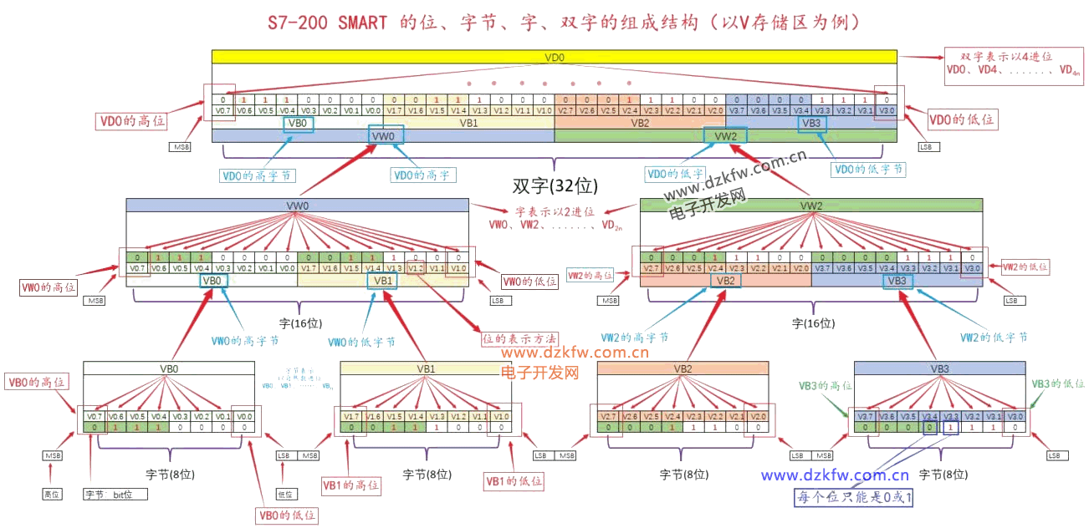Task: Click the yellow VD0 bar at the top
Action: click(554, 58)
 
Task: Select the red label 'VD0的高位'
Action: click(132, 121)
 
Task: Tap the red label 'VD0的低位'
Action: click(963, 119)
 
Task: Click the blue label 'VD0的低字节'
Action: click(868, 169)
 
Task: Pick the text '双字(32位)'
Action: click(555, 185)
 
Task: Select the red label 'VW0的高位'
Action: click(49, 287)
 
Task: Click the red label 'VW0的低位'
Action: click(529, 282)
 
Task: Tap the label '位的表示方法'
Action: click(518, 339)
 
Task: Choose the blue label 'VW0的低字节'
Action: click(361, 342)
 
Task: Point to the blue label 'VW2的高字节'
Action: click(634, 338)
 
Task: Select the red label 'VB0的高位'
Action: click(36, 383)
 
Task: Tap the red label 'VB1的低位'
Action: click(514, 481)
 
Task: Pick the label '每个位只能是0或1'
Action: click(854, 498)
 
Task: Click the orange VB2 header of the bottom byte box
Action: click(683, 368)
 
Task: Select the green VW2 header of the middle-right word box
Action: click(810, 206)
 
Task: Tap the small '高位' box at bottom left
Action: click(52, 495)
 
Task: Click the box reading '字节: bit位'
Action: click(115, 495)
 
